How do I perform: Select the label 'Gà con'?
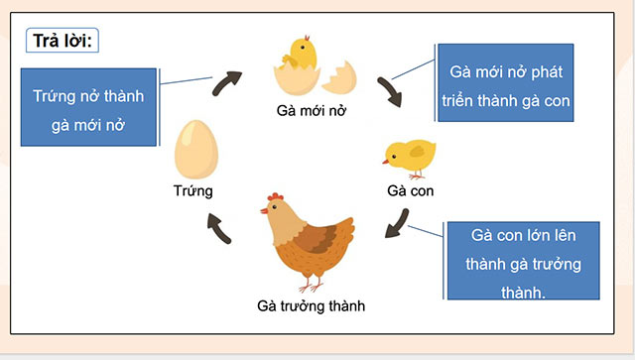(410, 188)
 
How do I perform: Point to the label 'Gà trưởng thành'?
(311, 306)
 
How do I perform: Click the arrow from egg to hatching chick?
(228, 82)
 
